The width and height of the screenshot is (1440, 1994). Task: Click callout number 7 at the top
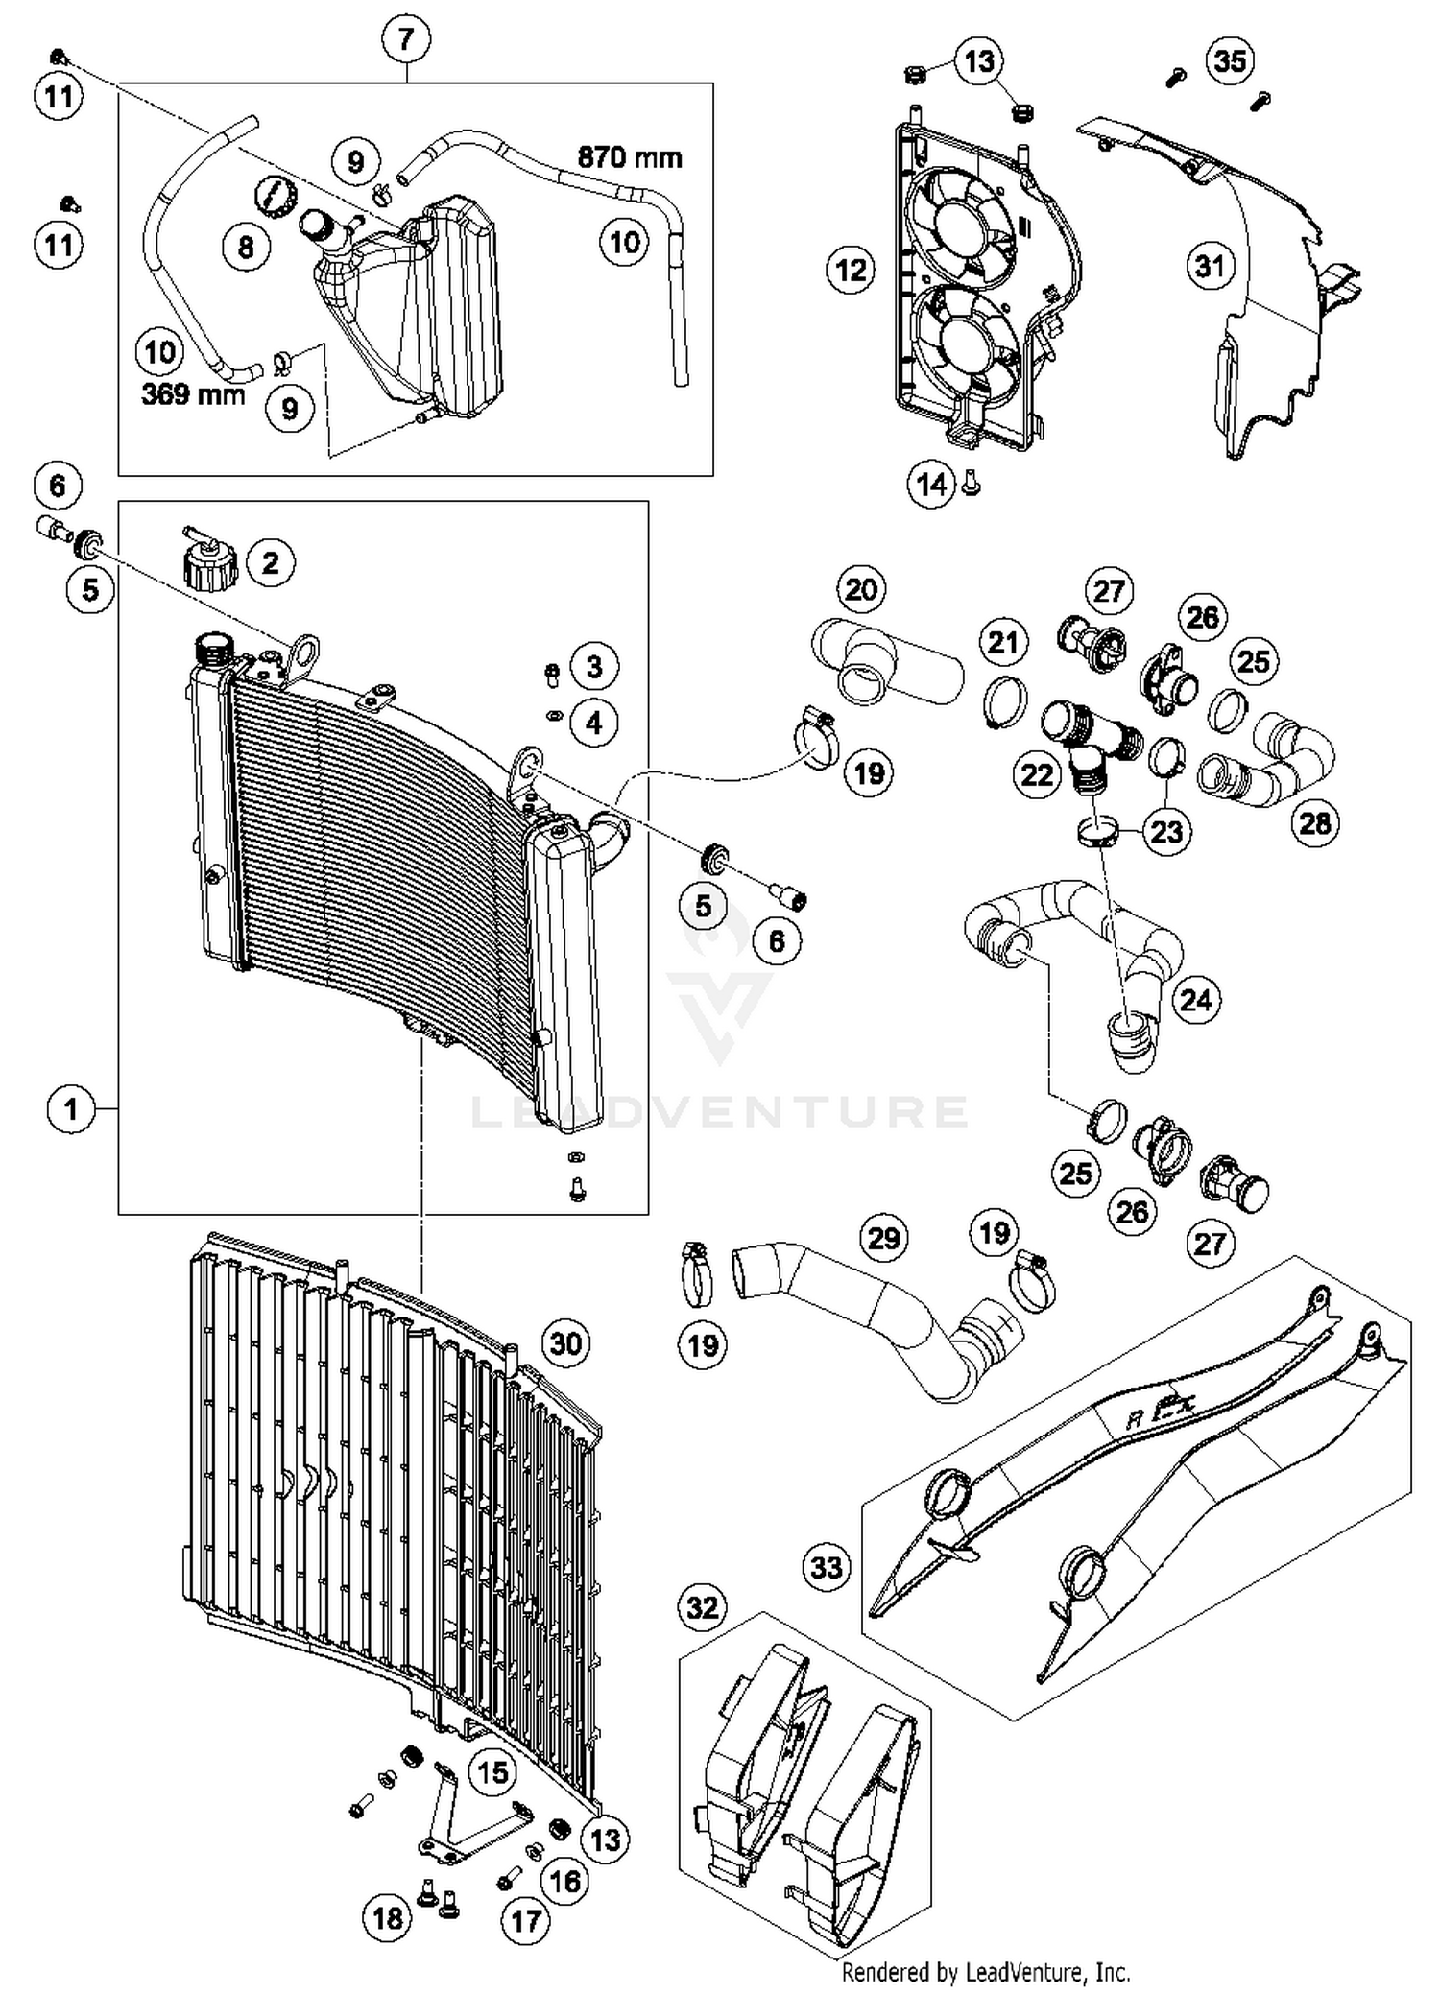(405, 39)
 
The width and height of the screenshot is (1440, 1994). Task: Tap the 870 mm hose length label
(629, 156)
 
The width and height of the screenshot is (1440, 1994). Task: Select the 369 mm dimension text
(193, 393)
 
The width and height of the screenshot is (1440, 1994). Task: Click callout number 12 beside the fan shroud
(851, 271)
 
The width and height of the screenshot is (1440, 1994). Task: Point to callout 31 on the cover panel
(1210, 266)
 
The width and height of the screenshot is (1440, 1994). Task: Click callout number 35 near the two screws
(1230, 61)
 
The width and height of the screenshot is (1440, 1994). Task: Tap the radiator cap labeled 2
(208, 565)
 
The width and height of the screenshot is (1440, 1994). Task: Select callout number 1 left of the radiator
(70, 1110)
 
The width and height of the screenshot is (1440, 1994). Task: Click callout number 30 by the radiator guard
(565, 1343)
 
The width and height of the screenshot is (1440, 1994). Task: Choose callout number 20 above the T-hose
(860, 589)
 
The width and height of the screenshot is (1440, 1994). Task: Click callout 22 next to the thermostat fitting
(1037, 774)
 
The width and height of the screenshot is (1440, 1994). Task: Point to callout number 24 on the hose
(1195, 1000)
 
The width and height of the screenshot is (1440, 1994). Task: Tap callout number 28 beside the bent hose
(1314, 822)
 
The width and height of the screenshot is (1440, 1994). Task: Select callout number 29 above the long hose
(883, 1238)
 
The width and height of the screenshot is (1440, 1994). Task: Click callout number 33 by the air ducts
(826, 1568)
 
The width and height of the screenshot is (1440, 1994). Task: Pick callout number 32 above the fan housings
(703, 1606)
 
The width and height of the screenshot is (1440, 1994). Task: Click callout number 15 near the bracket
(492, 1771)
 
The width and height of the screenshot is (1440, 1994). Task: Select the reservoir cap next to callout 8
(274, 197)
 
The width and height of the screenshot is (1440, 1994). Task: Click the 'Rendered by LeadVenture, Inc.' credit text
(985, 1973)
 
